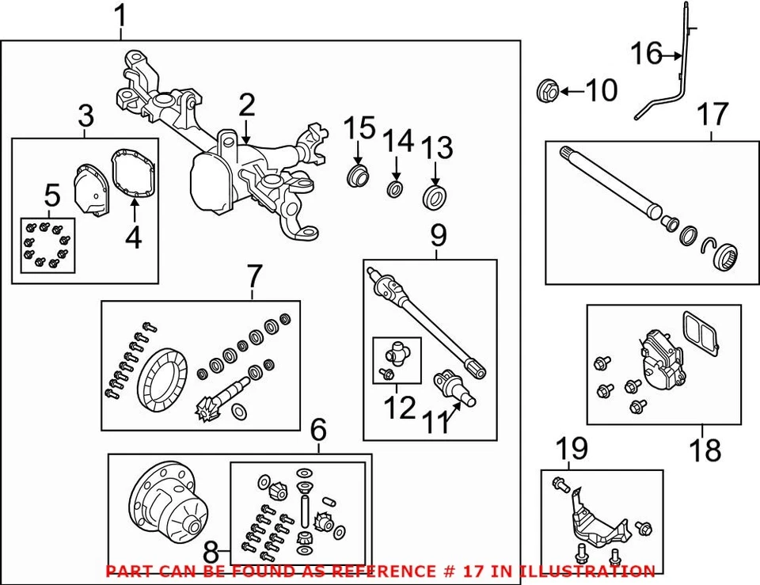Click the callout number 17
(x=712, y=115)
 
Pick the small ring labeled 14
(x=395, y=188)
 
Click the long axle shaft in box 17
(x=610, y=183)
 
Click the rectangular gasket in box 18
(x=697, y=329)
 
